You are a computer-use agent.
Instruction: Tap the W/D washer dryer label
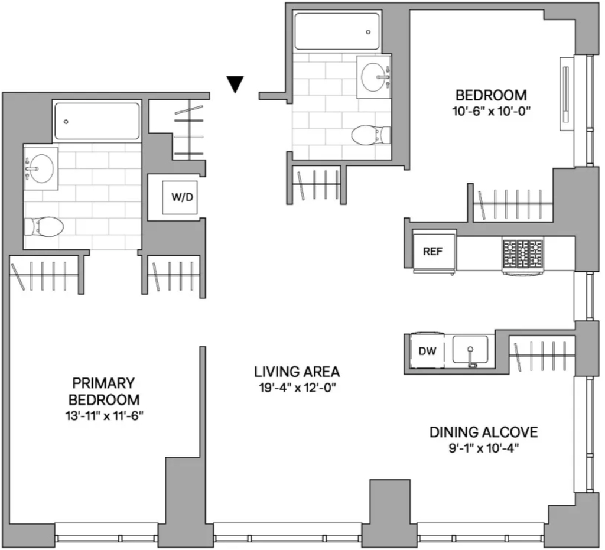(182, 197)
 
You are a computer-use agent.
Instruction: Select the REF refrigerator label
(432, 252)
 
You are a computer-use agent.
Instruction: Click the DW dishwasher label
(428, 351)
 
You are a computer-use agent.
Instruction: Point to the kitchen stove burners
(522, 254)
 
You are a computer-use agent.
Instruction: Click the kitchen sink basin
(470, 350)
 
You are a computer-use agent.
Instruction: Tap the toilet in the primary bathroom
(44, 226)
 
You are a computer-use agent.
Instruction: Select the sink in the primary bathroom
(41, 168)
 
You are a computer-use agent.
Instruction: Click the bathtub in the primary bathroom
(97, 121)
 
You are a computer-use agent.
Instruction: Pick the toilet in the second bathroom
(371, 135)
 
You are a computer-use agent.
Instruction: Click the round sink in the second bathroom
(373, 77)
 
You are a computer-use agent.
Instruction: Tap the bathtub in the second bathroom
(337, 31)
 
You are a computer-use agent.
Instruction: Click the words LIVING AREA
(297, 372)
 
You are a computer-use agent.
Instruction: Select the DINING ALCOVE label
(483, 432)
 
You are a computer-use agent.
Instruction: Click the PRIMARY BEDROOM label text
(104, 391)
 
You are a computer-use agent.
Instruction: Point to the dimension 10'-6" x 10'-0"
(491, 112)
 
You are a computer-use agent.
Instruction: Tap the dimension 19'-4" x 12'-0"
(298, 388)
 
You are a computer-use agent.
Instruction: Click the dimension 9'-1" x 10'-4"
(483, 448)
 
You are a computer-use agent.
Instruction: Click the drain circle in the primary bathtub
(66, 122)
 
